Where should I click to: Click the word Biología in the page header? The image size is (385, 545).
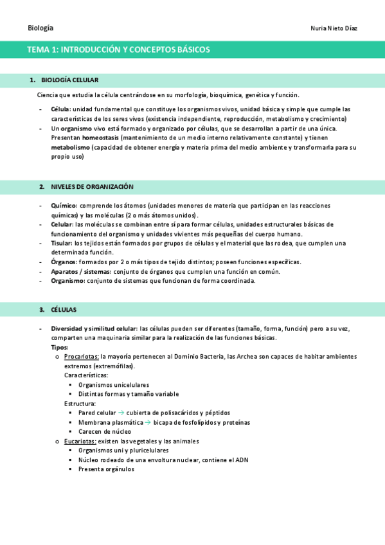point(40,28)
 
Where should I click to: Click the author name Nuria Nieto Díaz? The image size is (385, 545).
point(334,28)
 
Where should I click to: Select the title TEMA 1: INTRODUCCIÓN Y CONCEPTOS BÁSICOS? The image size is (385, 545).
point(118,49)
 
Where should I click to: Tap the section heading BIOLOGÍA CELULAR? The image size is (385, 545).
point(69,80)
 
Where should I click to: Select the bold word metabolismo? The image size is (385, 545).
point(71,147)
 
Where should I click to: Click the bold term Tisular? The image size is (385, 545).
point(62,243)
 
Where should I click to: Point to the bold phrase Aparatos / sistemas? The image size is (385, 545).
point(80,271)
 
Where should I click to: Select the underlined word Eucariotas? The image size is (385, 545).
point(80,441)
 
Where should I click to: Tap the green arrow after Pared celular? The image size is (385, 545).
point(121,413)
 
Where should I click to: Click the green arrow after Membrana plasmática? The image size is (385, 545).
point(147,422)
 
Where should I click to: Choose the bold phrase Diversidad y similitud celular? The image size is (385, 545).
point(94,328)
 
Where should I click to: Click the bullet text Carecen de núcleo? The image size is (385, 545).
point(104,432)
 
